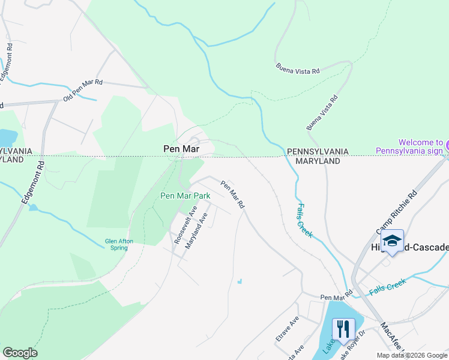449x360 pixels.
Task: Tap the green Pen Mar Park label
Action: tap(185, 196)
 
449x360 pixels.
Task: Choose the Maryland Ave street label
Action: tap(196, 231)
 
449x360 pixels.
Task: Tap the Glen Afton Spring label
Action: tap(119, 244)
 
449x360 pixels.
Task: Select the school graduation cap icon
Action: tap(392, 241)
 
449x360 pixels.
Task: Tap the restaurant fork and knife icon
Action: tap(343, 329)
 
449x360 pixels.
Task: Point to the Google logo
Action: tap(20, 353)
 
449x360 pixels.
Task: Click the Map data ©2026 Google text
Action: tap(412, 355)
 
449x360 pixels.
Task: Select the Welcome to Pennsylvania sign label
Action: tap(411, 146)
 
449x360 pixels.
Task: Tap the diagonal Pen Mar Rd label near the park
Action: tap(232, 194)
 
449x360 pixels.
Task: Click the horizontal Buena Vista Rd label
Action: tap(297, 69)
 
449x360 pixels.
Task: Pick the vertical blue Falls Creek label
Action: tap(304, 220)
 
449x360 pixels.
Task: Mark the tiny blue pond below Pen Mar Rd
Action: tap(240, 281)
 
